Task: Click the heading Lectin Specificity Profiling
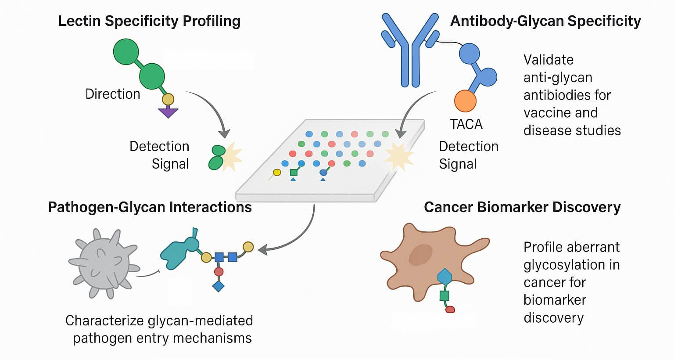(149, 21)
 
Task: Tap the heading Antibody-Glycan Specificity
(545, 21)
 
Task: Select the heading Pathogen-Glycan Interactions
(150, 207)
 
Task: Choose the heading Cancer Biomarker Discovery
(522, 207)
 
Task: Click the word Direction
(113, 94)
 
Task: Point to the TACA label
(466, 124)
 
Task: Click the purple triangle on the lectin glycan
(168, 113)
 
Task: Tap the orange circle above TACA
(465, 101)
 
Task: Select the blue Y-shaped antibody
(410, 48)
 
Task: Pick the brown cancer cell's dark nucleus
(420, 255)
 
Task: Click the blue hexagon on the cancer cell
(445, 277)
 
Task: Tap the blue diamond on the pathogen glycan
(219, 286)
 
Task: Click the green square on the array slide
(294, 172)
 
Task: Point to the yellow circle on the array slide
(277, 173)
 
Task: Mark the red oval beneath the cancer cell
(450, 310)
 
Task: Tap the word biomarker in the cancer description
(555, 300)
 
